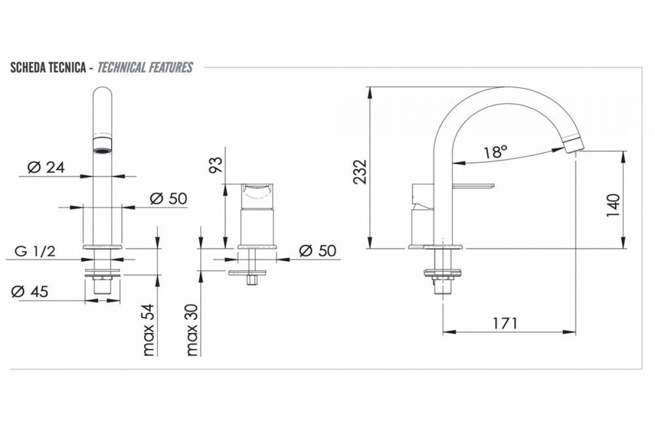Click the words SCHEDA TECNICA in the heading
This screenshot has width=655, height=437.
48,68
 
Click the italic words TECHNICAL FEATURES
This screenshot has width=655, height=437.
145,68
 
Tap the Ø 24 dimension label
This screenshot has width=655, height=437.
46,168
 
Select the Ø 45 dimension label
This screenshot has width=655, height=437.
29,292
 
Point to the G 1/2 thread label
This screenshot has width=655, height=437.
35,252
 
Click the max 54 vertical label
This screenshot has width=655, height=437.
148,330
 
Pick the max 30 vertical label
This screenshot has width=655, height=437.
192,330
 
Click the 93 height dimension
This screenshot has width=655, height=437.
216,165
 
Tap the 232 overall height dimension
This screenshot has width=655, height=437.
360,172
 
